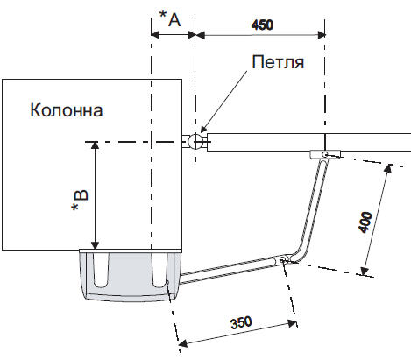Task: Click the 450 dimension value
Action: click(262, 25)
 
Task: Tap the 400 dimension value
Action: click(365, 222)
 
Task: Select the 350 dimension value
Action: click(241, 322)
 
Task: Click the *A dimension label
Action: click(170, 18)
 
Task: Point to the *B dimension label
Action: click(80, 201)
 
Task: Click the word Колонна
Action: click(67, 110)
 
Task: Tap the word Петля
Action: click(278, 62)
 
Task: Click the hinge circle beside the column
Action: click(195, 142)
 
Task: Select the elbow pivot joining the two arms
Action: click(282, 259)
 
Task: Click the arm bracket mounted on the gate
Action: click(325, 154)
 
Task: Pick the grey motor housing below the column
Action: click(131, 275)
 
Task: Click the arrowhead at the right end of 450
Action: click(322, 35)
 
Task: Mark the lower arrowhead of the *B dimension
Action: click(95, 245)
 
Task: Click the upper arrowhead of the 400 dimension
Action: click(387, 169)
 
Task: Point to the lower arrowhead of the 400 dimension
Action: click(365, 271)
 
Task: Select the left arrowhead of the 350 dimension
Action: click(183, 343)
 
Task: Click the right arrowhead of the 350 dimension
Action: click(292, 323)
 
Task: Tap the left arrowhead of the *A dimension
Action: click(155, 35)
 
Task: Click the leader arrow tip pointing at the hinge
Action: click(202, 131)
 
